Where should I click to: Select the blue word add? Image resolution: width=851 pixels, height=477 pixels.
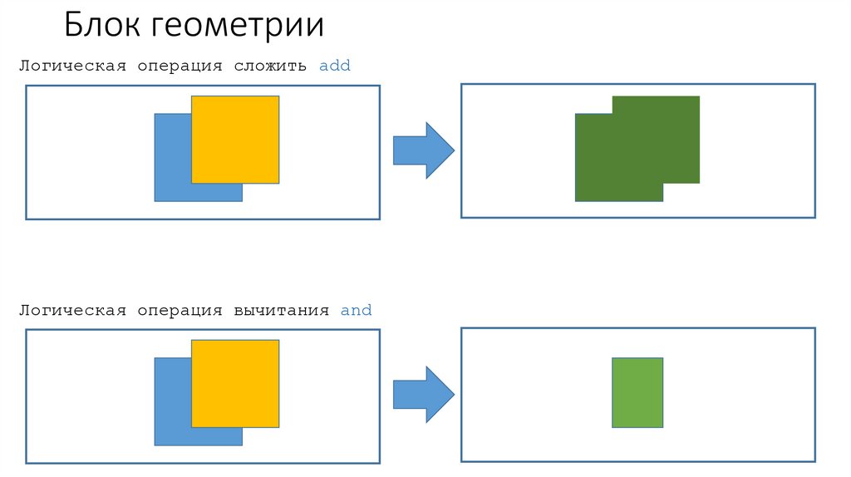tap(335, 66)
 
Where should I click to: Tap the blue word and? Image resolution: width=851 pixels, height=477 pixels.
tap(356, 311)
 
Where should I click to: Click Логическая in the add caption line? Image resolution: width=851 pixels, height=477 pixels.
tap(73, 66)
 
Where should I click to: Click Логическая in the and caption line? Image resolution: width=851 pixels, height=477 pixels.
tap(73, 311)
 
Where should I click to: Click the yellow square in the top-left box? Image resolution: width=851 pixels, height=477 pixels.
tap(235, 139)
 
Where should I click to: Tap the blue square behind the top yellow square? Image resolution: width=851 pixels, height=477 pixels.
tap(173, 166)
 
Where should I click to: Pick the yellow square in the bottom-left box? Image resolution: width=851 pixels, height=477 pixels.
tap(235, 383)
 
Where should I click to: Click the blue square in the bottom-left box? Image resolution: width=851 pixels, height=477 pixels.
tap(173, 411)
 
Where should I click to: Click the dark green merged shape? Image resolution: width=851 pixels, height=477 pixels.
tap(632, 154)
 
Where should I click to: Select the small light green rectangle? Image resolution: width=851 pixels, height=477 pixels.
tap(637, 392)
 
